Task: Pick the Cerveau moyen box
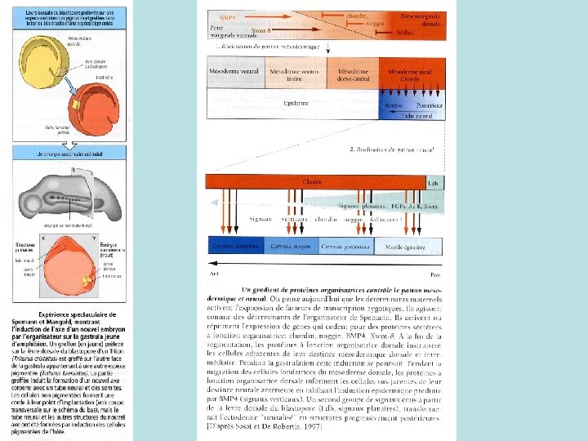point(291,247)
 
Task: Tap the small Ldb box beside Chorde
point(434,183)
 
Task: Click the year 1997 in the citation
point(314,425)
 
